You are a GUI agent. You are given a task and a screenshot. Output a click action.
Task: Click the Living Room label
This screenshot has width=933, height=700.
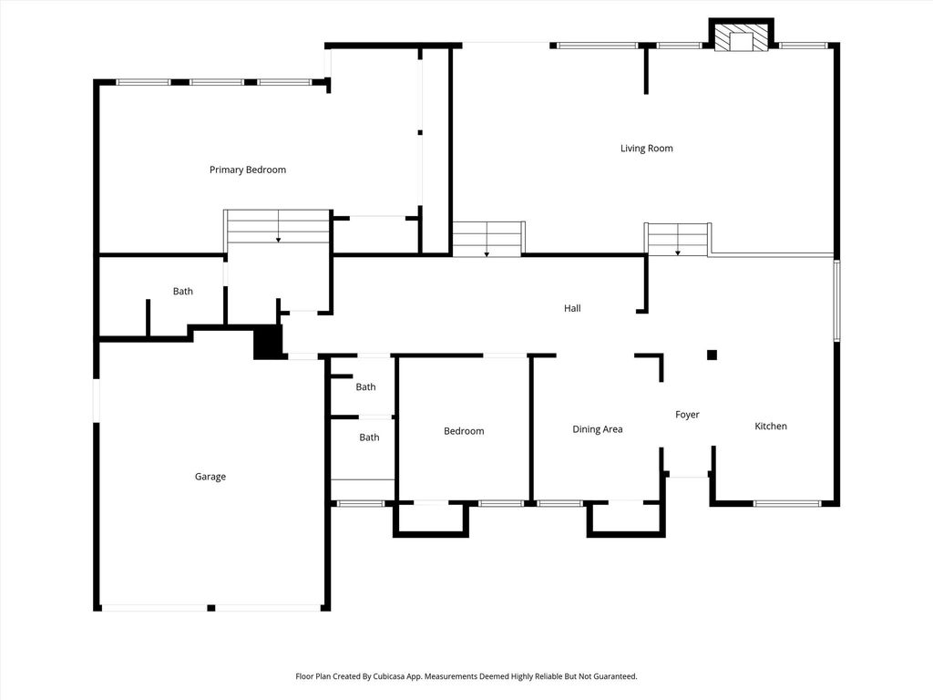646,149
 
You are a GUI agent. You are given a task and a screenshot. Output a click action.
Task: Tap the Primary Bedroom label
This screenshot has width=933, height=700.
248,170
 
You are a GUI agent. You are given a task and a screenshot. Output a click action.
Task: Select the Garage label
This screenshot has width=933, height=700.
210,476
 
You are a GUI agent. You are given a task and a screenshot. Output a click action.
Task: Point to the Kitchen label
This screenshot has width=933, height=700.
771,427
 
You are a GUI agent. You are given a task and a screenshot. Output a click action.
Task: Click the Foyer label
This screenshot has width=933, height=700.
687,415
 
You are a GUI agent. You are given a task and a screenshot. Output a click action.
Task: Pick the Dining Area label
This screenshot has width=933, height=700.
598,429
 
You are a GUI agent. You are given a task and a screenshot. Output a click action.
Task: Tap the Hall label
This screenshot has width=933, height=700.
572,308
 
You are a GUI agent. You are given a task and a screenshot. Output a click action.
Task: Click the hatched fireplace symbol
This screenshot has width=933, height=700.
742,37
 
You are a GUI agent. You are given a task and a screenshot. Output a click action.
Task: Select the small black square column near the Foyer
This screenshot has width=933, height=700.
712,355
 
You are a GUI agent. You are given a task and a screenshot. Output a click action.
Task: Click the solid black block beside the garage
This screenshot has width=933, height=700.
267,342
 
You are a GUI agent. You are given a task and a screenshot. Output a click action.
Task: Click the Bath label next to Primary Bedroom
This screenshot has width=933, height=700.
182,291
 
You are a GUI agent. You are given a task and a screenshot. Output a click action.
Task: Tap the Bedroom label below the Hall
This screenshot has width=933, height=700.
464,431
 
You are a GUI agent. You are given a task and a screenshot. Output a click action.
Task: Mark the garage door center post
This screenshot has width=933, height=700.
210,608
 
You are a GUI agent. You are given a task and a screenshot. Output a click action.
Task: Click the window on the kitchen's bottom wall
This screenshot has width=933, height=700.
786,503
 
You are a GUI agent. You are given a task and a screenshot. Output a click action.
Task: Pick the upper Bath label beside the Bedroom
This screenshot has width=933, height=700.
366,386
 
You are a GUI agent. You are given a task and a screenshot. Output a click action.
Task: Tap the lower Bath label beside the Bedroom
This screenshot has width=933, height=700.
370,437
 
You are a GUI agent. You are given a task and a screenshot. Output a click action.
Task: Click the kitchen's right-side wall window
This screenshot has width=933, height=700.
836,301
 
